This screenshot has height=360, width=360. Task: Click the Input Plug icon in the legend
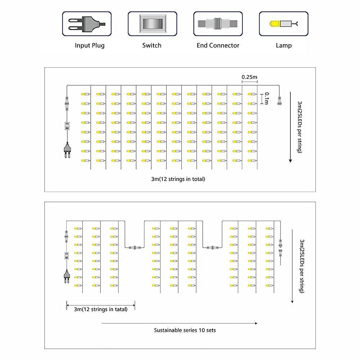coord(87,24)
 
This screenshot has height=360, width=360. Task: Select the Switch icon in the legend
coord(152,24)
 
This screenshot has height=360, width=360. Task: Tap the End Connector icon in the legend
coord(218,24)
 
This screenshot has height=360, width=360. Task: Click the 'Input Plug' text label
coord(90,45)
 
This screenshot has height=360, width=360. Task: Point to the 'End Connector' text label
coord(218,45)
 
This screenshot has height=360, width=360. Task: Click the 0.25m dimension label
coord(249,77)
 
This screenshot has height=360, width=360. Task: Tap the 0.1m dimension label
coord(266,98)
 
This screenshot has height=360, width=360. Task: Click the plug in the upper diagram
coord(67,150)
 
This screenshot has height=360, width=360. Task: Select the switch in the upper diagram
coord(67,126)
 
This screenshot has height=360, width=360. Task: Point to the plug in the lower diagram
coord(67,276)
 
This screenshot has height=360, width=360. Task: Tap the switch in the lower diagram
coord(67,256)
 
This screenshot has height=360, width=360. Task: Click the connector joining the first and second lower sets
coord(135,248)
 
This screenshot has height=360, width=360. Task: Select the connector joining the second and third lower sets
coord(212,248)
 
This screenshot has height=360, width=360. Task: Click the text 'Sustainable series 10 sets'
coord(185,330)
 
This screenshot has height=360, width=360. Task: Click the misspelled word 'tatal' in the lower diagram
coord(121,309)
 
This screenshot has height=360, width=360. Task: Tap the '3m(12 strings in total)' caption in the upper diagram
coord(178,179)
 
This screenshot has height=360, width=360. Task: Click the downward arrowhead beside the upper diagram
coord(291,161)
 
